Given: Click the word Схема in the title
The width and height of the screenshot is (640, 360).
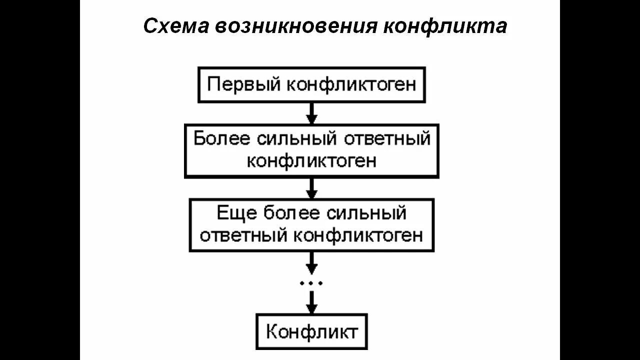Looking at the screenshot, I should point(176,26).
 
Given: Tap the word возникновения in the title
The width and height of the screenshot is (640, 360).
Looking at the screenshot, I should point(296,26).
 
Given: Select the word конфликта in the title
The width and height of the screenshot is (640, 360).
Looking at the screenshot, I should point(445,26).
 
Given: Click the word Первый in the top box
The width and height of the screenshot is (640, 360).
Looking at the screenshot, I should point(243,84).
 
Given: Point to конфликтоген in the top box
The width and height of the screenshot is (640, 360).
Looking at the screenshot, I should point(351,84).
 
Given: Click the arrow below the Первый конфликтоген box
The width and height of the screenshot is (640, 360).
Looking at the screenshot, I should point(311,113).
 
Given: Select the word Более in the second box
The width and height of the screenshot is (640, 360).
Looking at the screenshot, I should point(221,138).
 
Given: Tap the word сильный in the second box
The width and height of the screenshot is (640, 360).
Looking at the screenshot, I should point(296,138).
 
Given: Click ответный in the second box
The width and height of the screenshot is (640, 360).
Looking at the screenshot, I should point(387,138).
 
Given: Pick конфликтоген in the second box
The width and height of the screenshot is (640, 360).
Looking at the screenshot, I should point(311,161).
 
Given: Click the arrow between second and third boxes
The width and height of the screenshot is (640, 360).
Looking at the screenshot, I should point(311,188).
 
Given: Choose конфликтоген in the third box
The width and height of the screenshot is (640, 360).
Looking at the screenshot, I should point(358,235).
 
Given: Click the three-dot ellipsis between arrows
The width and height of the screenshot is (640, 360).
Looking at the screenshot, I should point(311,283).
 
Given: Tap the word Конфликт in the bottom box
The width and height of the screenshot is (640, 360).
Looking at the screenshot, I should point(311,331).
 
